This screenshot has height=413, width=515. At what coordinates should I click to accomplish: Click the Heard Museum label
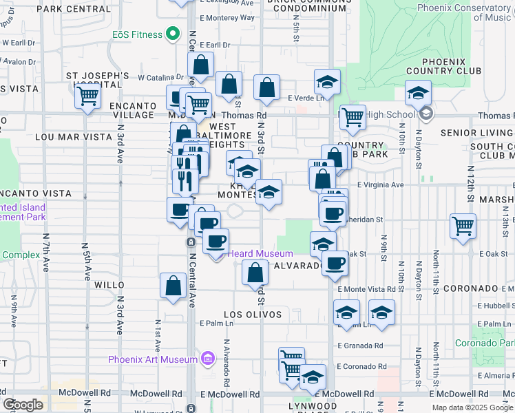pos(260,254)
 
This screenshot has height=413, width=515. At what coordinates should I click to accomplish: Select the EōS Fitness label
pos(138,34)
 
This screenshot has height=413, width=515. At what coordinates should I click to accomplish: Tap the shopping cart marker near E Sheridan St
pos(463,225)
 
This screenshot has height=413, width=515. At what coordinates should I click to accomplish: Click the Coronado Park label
pos(485,343)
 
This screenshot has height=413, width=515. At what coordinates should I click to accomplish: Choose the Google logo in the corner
pos(23,405)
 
